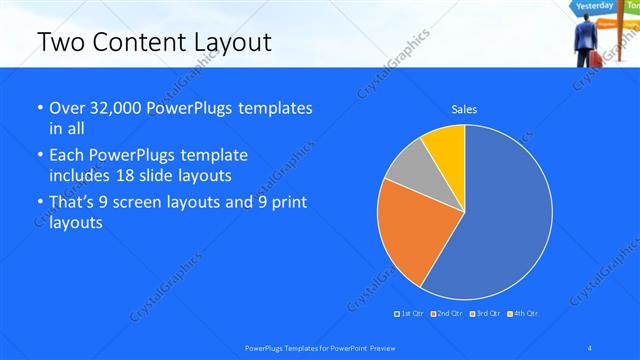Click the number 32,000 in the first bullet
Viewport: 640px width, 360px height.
tap(117, 108)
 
